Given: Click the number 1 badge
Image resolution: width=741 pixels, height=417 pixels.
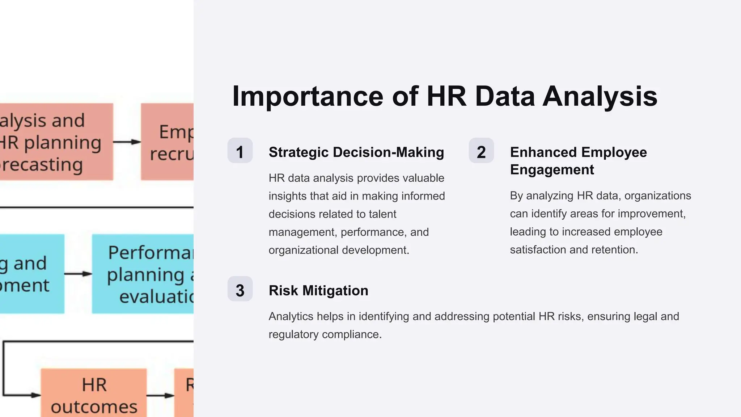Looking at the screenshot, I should (x=240, y=151).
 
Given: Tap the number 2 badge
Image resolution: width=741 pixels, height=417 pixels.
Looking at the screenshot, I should (x=481, y=151).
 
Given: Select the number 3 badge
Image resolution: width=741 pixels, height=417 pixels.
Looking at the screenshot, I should (x=240, y=289).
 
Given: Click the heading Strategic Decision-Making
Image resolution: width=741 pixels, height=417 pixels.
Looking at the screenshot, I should (x=356, y=152).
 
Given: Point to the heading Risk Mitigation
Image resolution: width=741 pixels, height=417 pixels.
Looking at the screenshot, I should (x=318, y=291).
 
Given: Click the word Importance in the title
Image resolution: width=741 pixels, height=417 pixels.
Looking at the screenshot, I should (x=308, y=97).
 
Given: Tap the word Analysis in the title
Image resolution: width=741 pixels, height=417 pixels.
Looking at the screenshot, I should (x=600, y=97).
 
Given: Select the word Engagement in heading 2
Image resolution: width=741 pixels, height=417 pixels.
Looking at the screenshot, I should (x=552, y=170).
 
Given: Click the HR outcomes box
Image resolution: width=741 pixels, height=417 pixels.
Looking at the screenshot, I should (x=94, y=395).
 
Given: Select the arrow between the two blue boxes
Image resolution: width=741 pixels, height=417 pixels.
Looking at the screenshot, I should (x=78, y=274).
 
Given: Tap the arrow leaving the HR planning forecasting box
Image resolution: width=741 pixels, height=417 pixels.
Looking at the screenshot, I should (x=127, y=142).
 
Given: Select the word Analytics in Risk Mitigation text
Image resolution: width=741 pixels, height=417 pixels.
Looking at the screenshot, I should (x=291, y=316).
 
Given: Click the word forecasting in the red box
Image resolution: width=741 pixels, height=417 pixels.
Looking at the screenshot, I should (x=42, y=165).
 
